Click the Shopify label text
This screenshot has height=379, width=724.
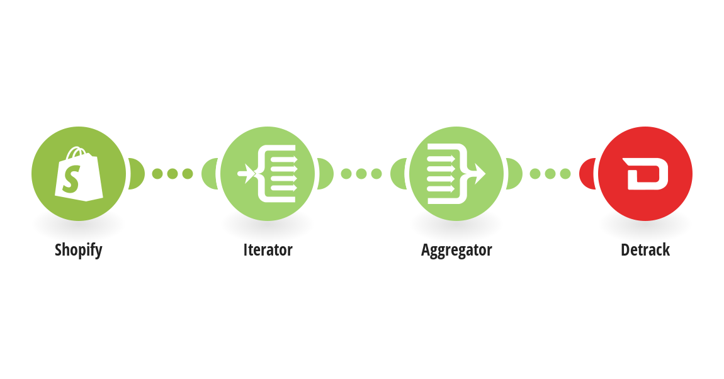79,250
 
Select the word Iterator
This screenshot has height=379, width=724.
268,250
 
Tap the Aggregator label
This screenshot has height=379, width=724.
456,250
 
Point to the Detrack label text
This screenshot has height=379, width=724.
645,250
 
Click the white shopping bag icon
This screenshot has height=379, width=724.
79,174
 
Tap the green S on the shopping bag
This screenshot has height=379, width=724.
72,179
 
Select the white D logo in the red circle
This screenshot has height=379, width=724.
645,174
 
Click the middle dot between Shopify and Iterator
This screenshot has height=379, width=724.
173,174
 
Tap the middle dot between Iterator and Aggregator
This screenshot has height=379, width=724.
361,174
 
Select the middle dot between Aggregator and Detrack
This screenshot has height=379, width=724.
550,174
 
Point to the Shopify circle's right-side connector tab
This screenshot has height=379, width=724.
137,174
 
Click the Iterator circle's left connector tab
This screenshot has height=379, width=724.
210,174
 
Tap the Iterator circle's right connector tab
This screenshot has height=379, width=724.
325,174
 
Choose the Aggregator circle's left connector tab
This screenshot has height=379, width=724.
399,174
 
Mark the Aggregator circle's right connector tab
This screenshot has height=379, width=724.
514,174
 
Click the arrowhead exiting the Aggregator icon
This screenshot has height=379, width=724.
480,174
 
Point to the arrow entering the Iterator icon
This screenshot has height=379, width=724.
246,174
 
